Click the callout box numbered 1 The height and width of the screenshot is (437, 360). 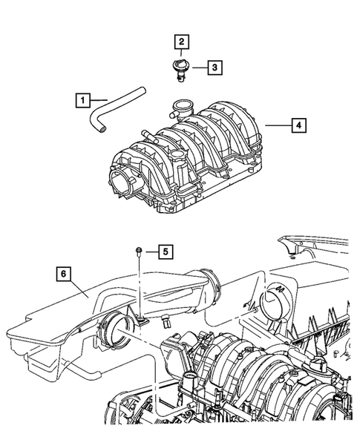coord(84,98)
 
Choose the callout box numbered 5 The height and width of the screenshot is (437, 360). coord(166,252)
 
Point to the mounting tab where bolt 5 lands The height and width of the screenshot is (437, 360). coord(140,319)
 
